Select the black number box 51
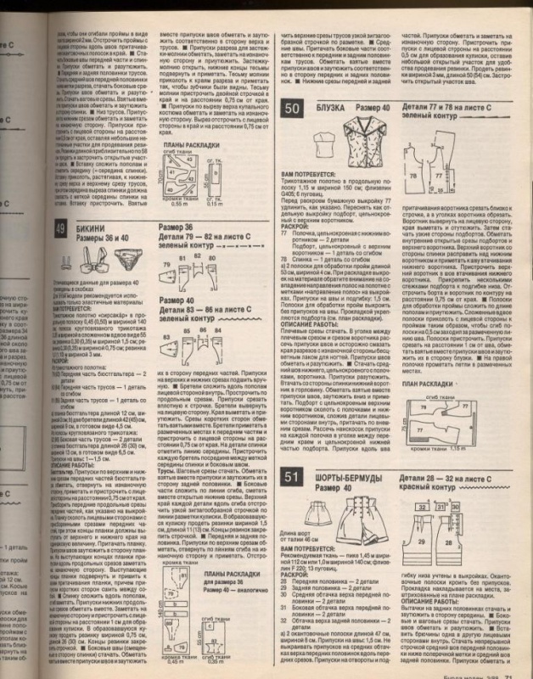[x=291, y=477]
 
